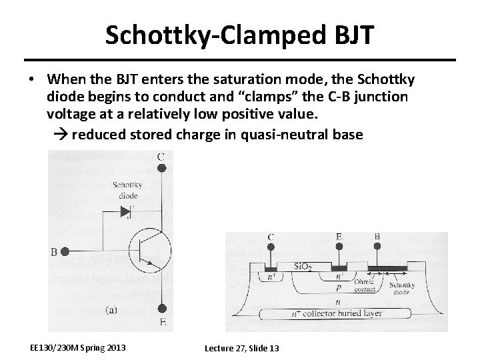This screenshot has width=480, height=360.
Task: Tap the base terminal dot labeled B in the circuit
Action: pos(65,252)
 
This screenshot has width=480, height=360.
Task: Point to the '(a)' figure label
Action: pos(113,309)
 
